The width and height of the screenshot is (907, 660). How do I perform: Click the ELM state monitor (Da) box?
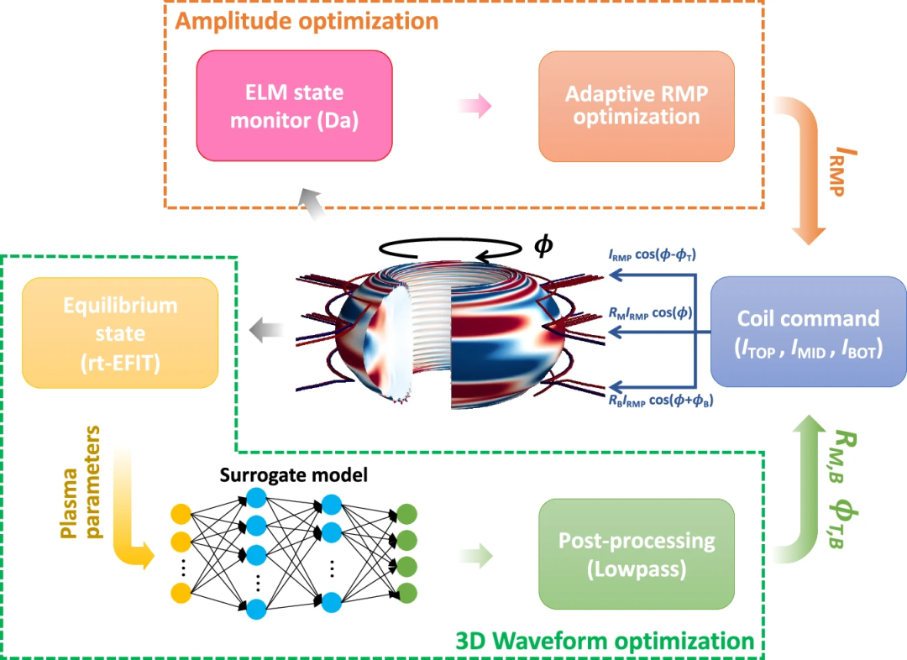(294, 106)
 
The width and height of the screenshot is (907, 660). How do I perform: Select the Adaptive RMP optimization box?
(637, 106)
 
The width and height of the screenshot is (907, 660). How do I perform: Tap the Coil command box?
(808, 333)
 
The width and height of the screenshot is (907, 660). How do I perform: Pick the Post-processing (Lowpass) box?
(637, 554)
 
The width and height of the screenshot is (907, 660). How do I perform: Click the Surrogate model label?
(294, 475)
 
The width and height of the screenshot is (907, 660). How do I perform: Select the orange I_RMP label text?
(845, 170)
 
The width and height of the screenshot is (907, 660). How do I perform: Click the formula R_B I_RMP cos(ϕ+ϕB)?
(655, 399)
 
